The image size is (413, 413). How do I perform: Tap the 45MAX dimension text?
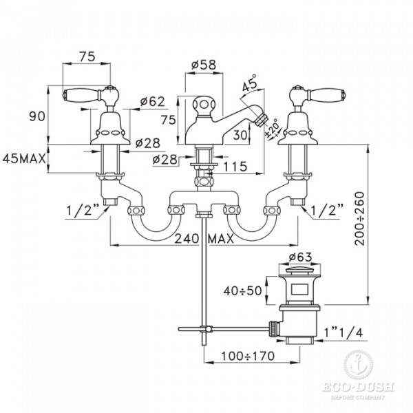[25, 158]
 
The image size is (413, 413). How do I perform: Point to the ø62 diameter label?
[152, 102]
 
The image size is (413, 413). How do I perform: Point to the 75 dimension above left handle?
[87, 58]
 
